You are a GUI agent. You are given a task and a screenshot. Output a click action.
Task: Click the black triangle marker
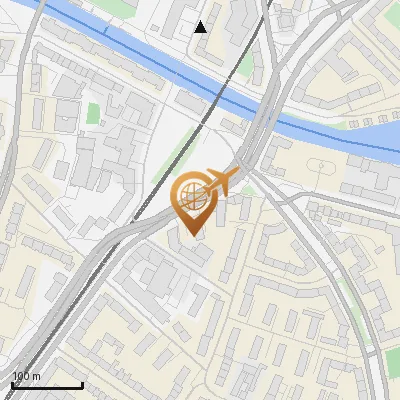pos(201,27)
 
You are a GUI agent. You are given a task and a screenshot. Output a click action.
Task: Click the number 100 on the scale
pos(21,376)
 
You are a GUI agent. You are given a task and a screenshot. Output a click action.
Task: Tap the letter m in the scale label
pos(36,376)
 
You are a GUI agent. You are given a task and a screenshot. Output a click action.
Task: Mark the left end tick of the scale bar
pos(12,384)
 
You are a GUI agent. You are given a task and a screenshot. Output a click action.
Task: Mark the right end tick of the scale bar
pos(82,384)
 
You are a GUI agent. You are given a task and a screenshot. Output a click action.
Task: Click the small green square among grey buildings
pos(93,113)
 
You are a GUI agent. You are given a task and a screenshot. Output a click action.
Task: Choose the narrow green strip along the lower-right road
pos(350,300)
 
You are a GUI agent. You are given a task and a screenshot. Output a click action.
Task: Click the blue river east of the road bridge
pos(340,135)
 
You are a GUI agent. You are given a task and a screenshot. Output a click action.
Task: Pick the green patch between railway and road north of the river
pos(247,65)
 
